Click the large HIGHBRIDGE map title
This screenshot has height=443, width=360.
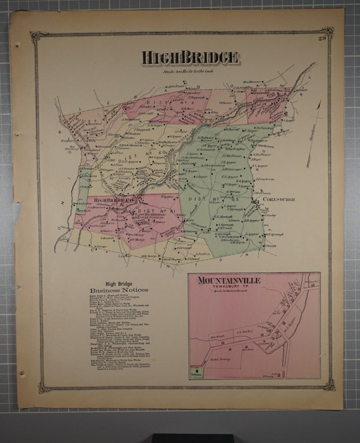[190, 58]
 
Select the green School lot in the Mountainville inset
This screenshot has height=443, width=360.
[198, 373]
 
